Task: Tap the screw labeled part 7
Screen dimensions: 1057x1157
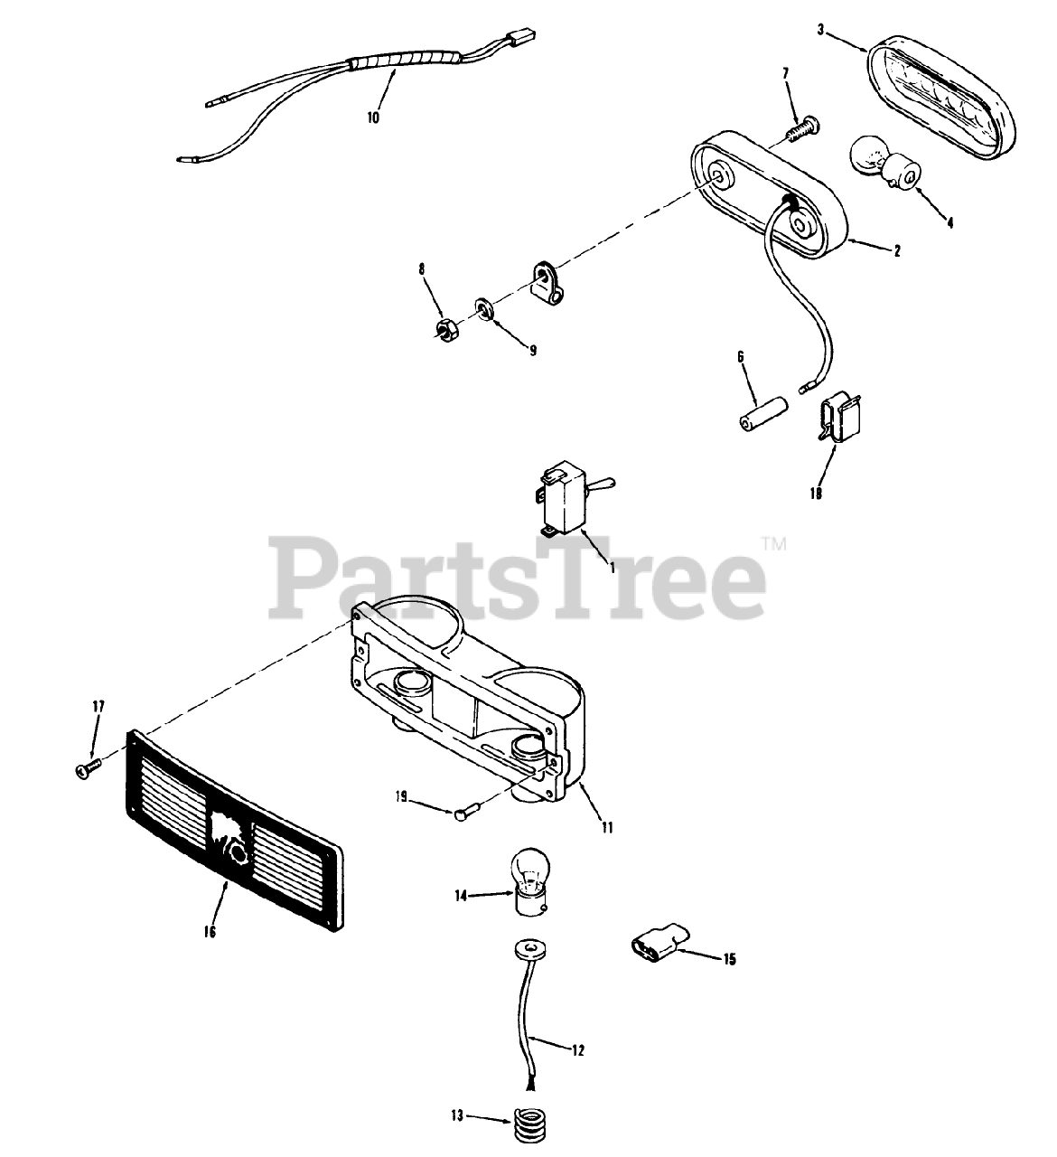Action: [799, 128]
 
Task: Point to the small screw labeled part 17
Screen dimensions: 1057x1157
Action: [89, 768]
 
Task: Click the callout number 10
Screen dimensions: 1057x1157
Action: [373, 117]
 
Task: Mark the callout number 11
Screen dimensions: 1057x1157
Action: [607, 827]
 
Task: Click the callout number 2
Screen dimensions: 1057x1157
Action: [896, 251]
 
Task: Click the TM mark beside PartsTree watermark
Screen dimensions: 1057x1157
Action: [774, 544]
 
